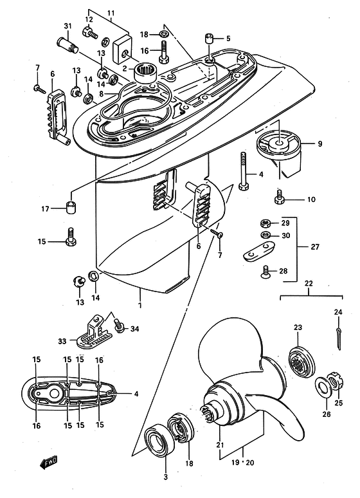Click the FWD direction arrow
[49, 462]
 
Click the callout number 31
[68, 26]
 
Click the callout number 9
[319, 144]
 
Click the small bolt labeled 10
[278, 198]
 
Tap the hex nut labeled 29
[265, 223]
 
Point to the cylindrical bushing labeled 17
[72, 207]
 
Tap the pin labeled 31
[68, 45]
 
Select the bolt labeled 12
[90, 32]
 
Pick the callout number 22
[309, 283]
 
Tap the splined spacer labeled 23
[301, 362]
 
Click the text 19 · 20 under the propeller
[242, 463]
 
